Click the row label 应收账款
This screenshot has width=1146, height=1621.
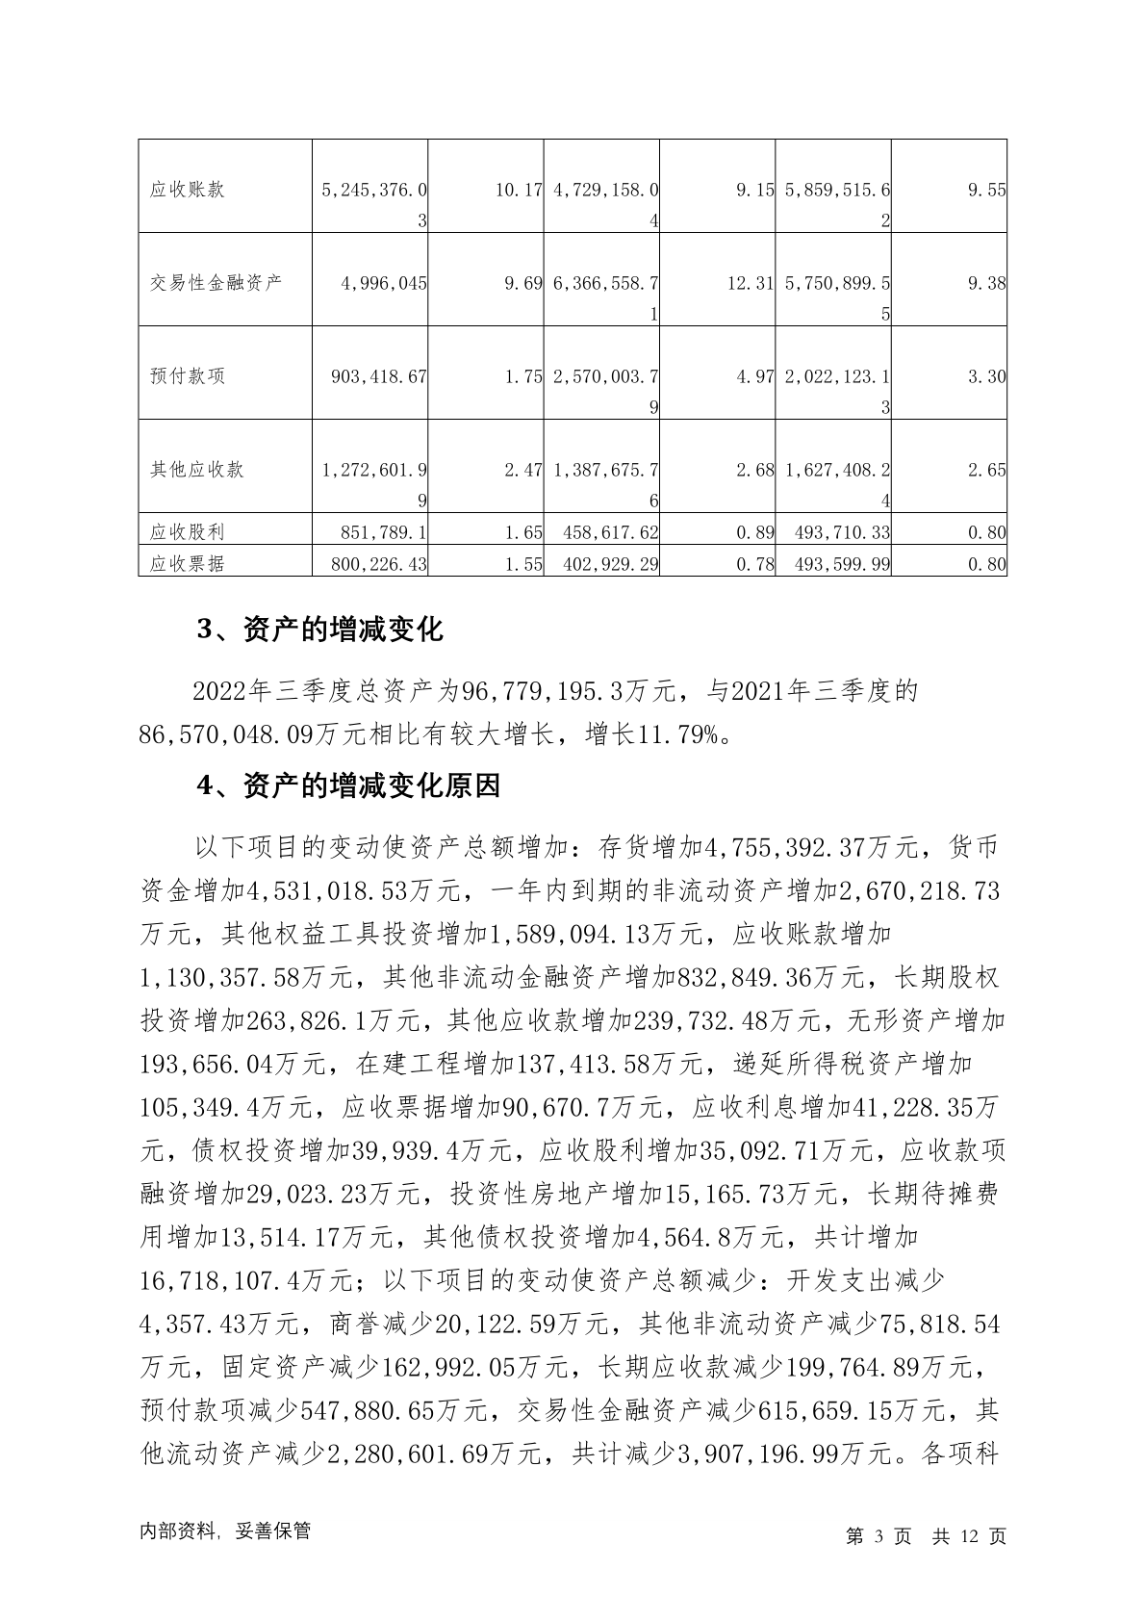(x=188, y=190)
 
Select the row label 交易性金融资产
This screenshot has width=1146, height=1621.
(x=216, y=283)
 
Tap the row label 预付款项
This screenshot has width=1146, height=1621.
(x=188, y=376)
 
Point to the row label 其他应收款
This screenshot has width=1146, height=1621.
(x=197, y=470)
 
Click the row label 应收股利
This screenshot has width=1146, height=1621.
(x=188, y=531)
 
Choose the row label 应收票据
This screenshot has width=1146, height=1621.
(x=188, y=563)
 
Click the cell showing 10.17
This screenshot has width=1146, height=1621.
(x=519, y=190)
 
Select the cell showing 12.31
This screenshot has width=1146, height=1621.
(x=750, y=283)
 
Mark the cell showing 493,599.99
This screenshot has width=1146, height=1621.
(x=837, y=563)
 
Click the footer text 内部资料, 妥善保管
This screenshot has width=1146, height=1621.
(x=225, y=1531)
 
